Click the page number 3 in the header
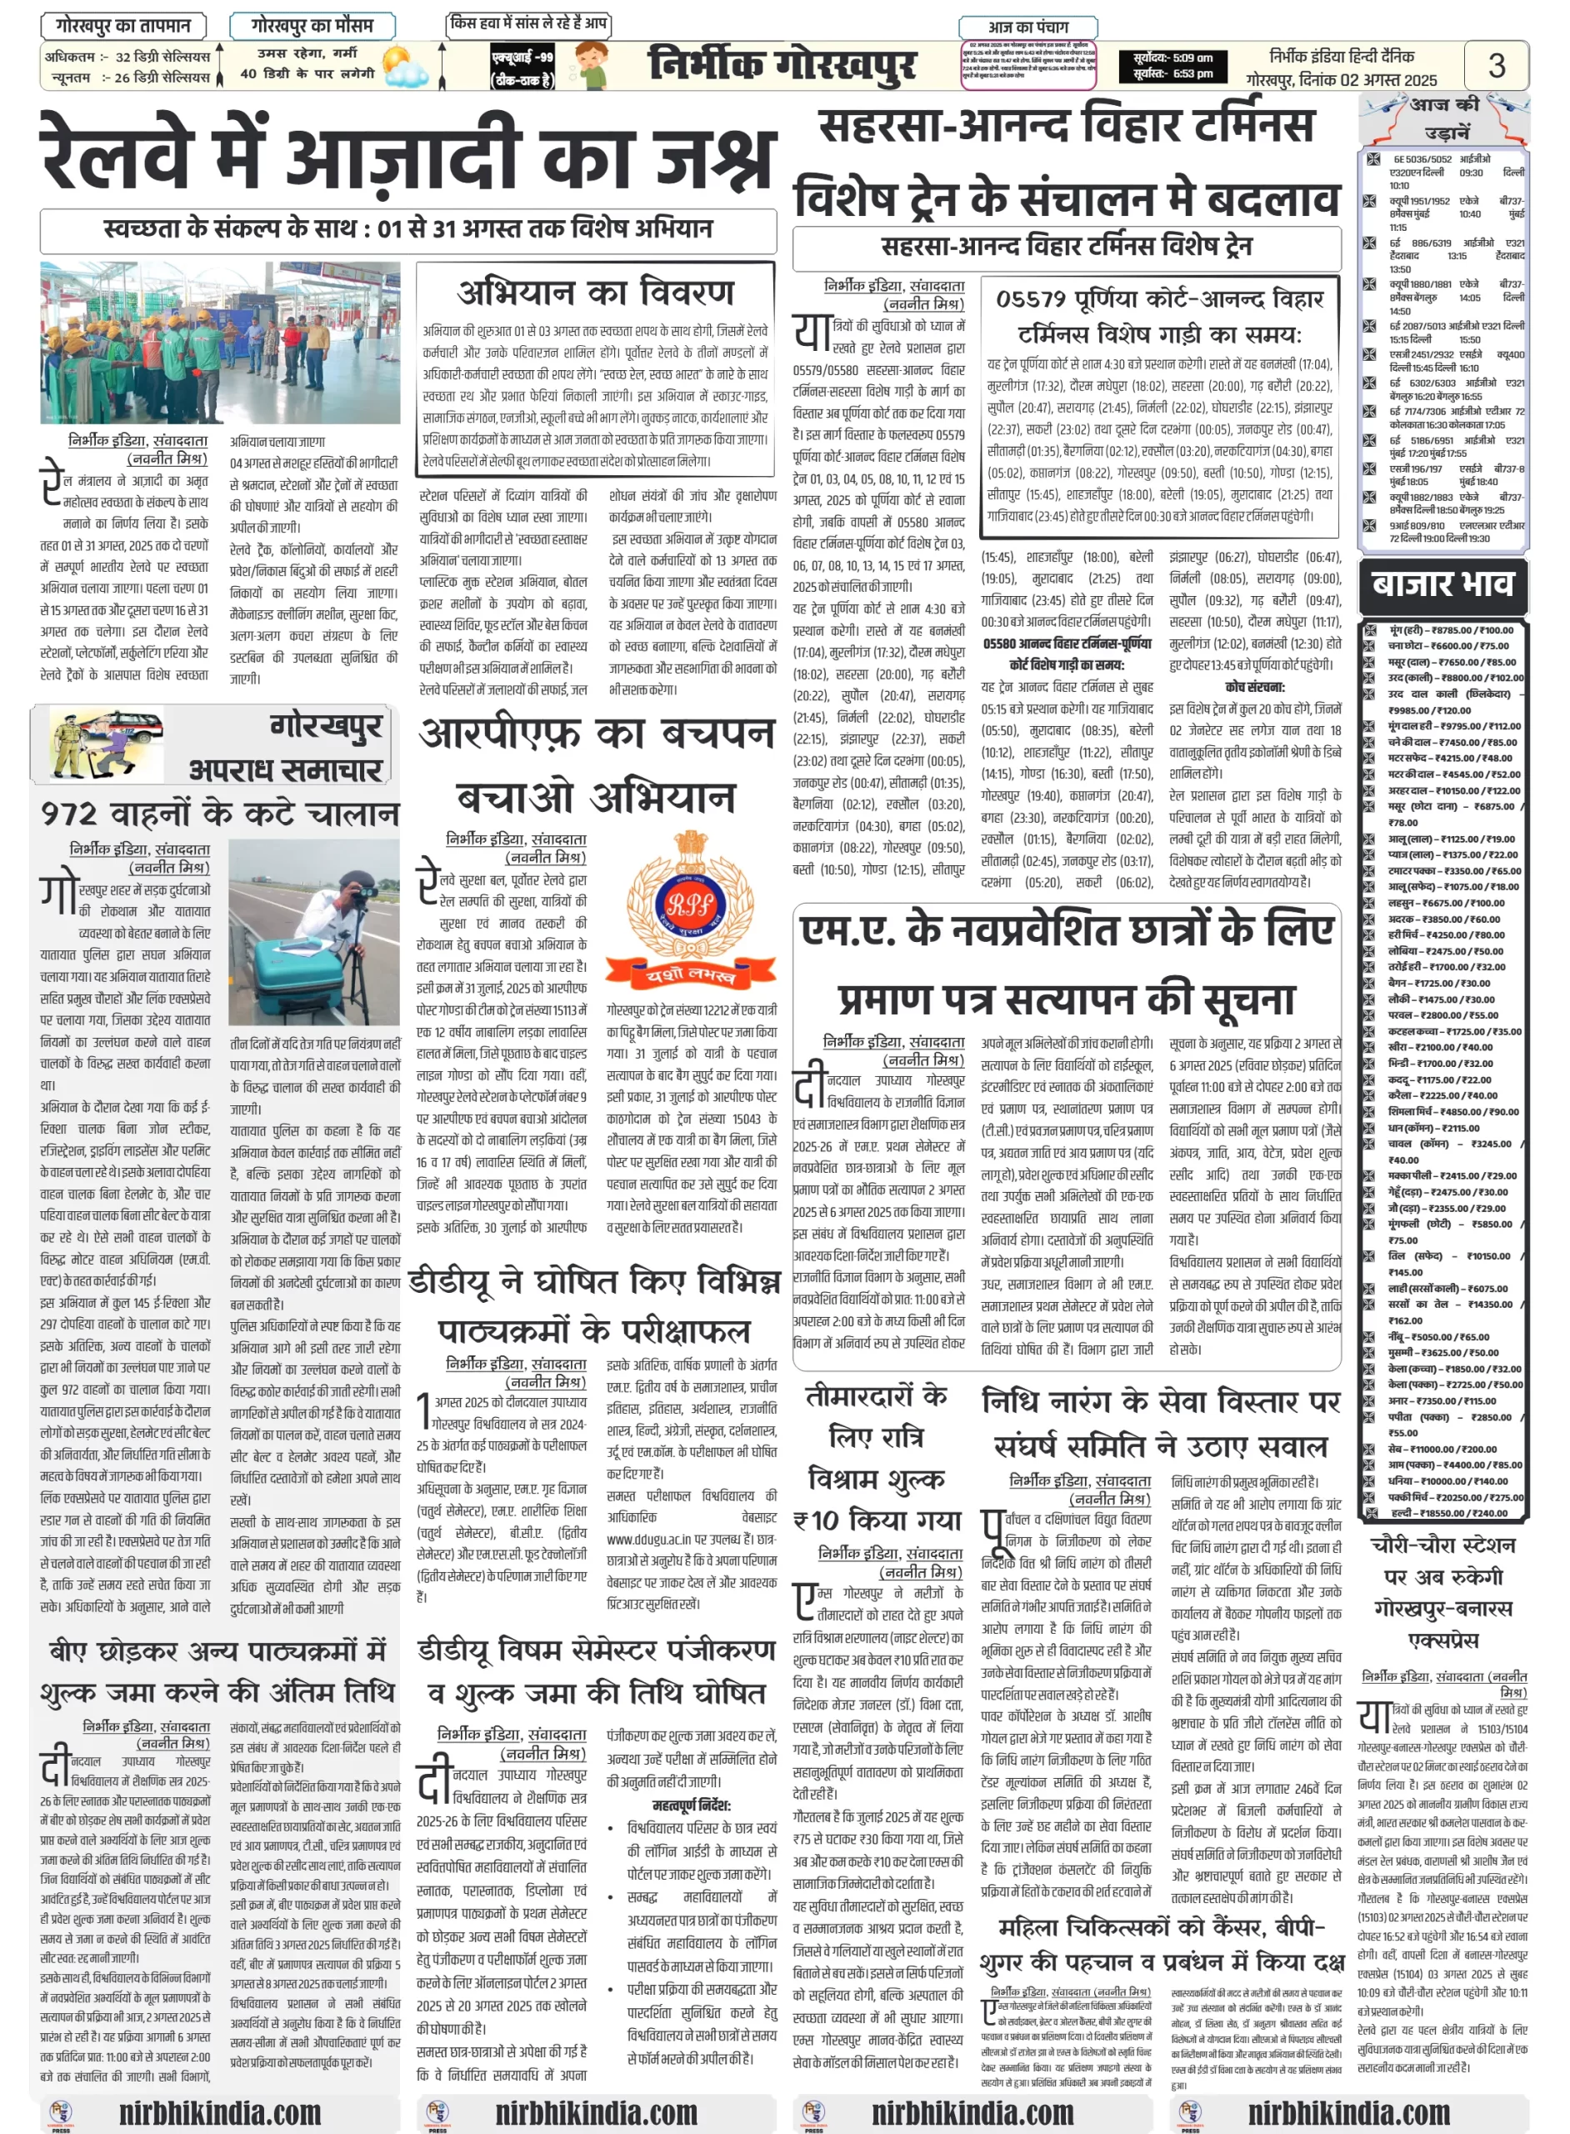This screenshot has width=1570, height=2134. pyautogui.click(x=1496, y=65)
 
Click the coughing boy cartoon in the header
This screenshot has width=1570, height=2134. pyautogui.click(x=595, y=65)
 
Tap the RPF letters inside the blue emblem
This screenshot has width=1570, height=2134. pyautogui.click(x=690, y=904)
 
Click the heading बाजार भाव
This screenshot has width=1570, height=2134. pyautogui.click(x=1442, y=584)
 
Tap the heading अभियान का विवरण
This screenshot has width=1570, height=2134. pyautogui.click(x=596, y=292)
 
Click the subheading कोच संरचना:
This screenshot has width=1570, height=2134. pyautogui.click(x=1254, y=686)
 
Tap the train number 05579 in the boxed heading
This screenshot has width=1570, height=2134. pyautogui.click(x=1034, y=299)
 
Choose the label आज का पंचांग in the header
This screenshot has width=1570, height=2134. pyautogui.click(x=1028, y=27)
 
